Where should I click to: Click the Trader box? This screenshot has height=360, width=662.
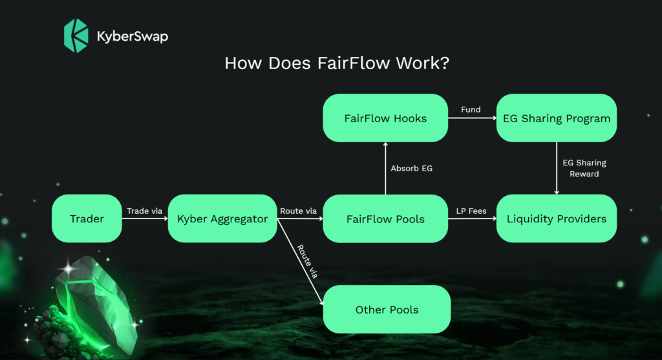tap(87, 218)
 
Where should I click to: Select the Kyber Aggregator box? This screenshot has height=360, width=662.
tap(222, 218)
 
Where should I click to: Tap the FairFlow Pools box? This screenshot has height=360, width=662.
tap(385, 218)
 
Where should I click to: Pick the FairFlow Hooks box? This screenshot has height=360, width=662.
tap(385, 118)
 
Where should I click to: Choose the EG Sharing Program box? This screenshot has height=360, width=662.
tap(557, 118)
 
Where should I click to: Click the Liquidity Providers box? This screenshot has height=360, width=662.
tap(557, 218)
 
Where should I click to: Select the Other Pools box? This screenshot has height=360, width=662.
tap(387, 310)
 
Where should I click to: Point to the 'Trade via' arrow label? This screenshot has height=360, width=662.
tap(144, 211)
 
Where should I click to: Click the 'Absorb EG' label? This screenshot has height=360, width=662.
tap(412, 169)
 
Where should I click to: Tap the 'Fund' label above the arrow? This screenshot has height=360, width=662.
tap(471, 110)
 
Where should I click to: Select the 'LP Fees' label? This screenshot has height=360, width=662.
tap(471, 211)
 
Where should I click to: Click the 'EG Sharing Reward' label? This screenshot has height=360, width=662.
tap(584, 169)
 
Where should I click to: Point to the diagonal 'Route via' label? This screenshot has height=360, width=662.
tap(307, 262)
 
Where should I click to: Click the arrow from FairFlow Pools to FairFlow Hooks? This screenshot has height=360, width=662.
tap(385, 169)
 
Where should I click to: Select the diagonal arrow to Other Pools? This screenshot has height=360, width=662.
tap(300, 262)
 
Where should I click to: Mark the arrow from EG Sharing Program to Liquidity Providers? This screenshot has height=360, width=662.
tap(557, 169)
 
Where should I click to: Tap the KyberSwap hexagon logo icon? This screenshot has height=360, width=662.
tap(76, 36)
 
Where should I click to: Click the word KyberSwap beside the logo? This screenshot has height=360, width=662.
tap(133, 36)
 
